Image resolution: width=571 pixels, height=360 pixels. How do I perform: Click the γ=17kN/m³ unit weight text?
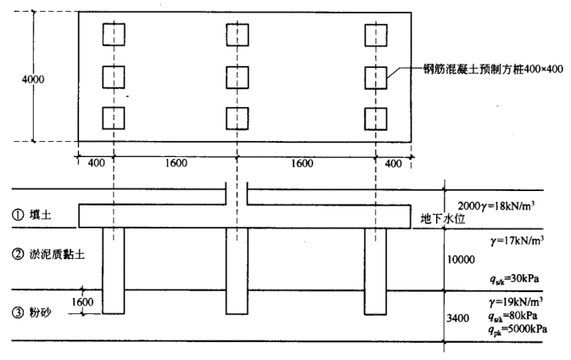517,242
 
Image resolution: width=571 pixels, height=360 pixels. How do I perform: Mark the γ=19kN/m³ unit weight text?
517,303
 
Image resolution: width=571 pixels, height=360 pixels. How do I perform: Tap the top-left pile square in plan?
113,35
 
